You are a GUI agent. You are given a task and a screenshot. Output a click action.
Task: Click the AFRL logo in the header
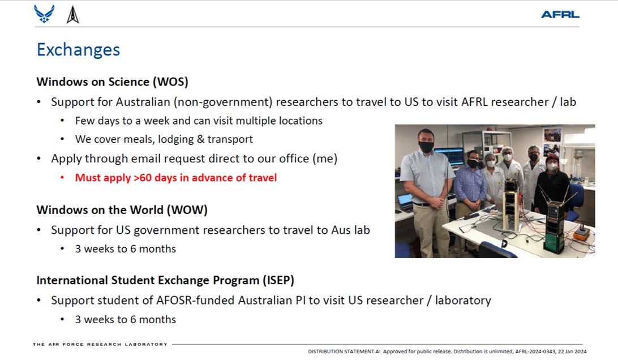560,15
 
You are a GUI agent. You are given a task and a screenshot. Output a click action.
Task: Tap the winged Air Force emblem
44,14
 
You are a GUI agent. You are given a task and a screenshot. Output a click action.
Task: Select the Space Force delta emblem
72,15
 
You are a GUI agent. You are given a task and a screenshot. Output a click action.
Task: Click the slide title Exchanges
79,50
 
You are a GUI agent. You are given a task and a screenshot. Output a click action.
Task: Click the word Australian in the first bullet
143,102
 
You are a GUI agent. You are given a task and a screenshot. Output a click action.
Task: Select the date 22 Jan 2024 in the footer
572,352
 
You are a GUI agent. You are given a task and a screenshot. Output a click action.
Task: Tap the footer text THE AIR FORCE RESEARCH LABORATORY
100,344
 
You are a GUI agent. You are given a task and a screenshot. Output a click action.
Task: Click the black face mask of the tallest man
426,147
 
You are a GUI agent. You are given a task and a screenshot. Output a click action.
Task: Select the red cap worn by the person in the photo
552,158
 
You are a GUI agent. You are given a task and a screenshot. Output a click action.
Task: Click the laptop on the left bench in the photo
405,202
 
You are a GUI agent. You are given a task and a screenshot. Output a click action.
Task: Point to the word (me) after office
325,158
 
